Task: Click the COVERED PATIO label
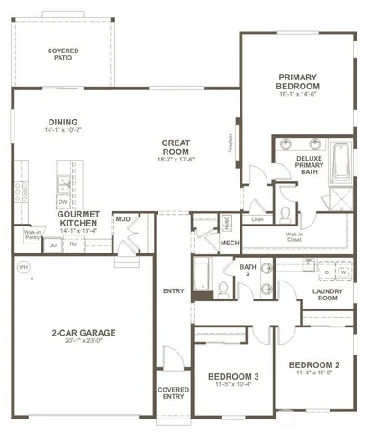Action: pos(62,56)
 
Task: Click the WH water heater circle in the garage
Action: pos(23,268)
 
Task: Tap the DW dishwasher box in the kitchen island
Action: pos(62,202)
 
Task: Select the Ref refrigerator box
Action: pos(74,244)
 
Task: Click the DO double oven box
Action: pos(53,244)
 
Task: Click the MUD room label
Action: pos(122,218)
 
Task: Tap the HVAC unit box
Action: pos(227,222)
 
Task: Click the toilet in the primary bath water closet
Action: pos(285,212)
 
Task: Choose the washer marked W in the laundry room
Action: pos(342,271)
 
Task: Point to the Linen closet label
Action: pos(258,218)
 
